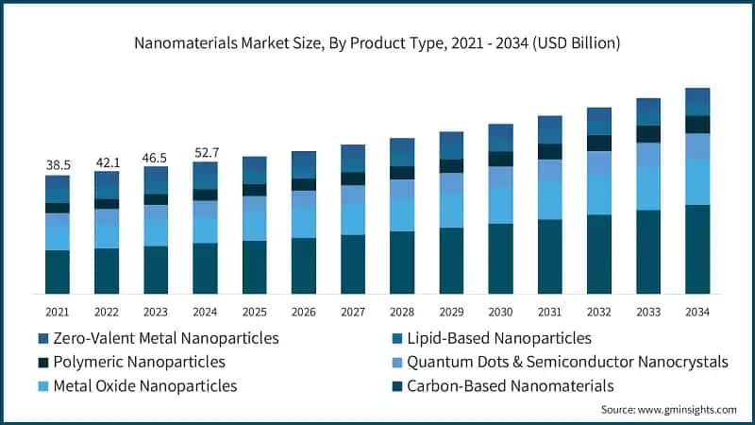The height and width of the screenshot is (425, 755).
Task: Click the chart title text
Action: coord(377,43)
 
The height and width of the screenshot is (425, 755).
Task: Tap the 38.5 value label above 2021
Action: coord(58,164)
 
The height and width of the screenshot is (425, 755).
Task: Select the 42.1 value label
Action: coord(107,161)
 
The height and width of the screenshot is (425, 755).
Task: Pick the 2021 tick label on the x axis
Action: coord(58,311)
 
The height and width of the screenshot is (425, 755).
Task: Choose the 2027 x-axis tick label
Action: coord(353,311)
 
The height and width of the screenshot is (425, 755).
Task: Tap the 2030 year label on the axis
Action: coord(500,311)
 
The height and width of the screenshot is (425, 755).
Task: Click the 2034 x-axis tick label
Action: coord(697,311)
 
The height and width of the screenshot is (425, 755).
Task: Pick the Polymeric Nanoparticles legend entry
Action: coord(139,361)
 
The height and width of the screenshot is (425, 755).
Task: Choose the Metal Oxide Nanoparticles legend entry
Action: coord(144,385)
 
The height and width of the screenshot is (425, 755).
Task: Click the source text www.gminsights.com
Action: coord(668,409)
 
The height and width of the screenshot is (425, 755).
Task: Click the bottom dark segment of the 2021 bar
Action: coord(58,271)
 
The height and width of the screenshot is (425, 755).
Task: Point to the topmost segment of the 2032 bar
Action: coord(599,121)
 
